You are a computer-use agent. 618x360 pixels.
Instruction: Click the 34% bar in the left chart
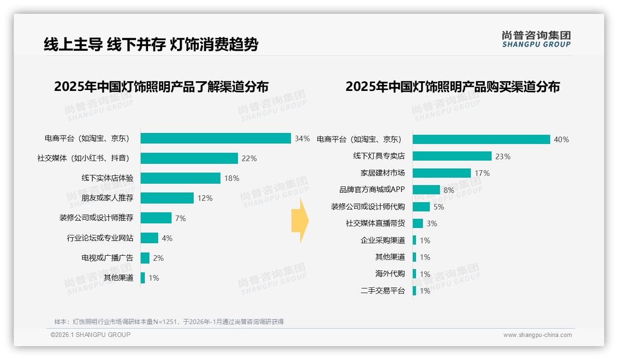(215, 138)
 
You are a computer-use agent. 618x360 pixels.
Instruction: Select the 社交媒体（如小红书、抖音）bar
(189, 158)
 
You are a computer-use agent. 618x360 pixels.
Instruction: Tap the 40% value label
(561, 139)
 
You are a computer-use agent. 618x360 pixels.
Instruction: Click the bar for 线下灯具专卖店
(452, 156)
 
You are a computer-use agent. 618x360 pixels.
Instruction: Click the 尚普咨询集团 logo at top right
(536, 39)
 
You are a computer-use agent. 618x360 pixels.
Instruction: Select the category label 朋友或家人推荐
(107, 198)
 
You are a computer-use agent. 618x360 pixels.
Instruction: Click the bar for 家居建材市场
(441, 173)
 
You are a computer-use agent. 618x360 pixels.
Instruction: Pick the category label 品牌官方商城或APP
(372, 190)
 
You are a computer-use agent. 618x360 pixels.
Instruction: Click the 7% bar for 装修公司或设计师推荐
(156, 218)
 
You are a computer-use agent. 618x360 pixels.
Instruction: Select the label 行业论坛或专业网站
(100, 238)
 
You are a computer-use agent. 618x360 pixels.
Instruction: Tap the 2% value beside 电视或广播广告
(158, 258)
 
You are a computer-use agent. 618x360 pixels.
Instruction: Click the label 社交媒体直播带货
(375, 223)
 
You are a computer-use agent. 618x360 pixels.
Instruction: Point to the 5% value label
(439, 207)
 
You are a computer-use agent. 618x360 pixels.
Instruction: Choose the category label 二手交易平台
(383, 291)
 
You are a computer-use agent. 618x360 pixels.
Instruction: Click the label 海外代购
(390, 274)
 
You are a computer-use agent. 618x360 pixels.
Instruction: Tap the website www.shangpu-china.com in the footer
(537, 335)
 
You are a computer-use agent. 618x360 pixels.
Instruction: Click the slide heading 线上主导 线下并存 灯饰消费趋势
(151, 44)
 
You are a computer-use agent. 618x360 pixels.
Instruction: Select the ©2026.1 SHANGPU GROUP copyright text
(90, 335)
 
